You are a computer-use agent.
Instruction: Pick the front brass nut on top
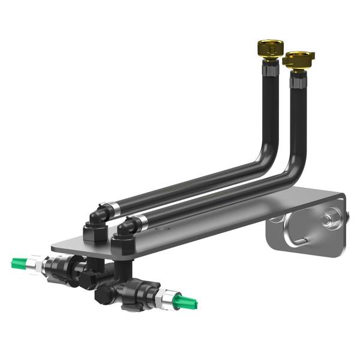click(x=299, y=59)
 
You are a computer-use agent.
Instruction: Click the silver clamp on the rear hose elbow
click(x=113, y=208)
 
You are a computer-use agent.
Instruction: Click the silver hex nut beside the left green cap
click(x=40, y=263)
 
